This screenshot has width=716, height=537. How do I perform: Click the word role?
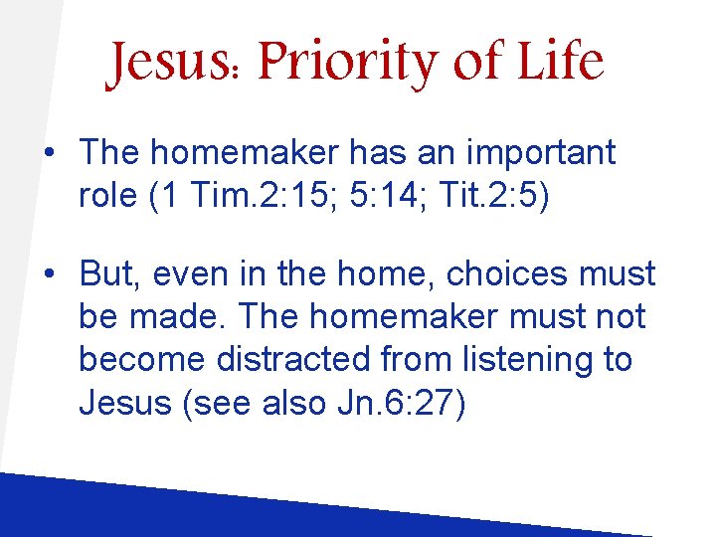(x=107, y=197)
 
